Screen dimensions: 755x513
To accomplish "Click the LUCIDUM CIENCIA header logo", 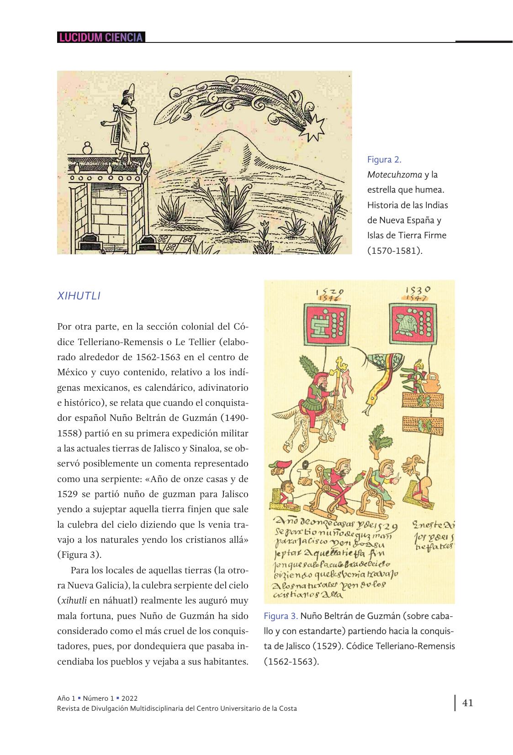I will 100,37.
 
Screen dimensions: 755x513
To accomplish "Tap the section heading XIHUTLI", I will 79,296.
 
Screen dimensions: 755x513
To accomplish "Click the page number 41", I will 468,703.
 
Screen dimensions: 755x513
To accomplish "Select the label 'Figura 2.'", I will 384,159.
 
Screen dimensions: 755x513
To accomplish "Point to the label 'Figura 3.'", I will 280,616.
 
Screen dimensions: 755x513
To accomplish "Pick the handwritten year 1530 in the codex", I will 418,289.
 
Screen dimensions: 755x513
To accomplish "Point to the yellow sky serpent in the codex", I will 380,379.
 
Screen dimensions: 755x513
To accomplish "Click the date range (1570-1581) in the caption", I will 394,250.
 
